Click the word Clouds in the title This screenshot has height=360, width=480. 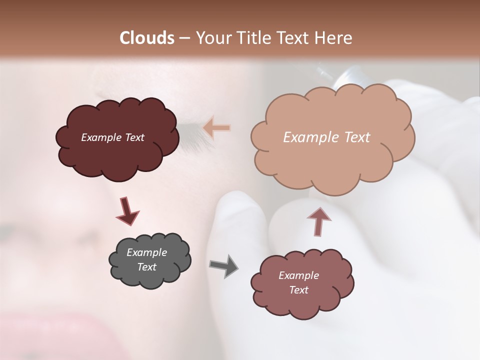click(147, 38)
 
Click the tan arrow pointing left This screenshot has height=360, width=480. click(217, 128)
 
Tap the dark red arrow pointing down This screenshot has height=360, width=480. click(127, 211)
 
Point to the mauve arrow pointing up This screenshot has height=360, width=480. click(318, 221)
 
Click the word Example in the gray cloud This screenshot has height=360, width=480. click(146, 252)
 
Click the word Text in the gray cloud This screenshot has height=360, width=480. click(146, 267)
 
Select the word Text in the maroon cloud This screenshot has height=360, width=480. click(133, 137)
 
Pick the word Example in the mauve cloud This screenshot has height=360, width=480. click(298, 275)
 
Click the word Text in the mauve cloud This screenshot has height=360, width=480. click(298, 290)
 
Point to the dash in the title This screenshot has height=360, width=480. click(184, 38)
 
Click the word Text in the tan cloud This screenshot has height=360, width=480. click(356, 137)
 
